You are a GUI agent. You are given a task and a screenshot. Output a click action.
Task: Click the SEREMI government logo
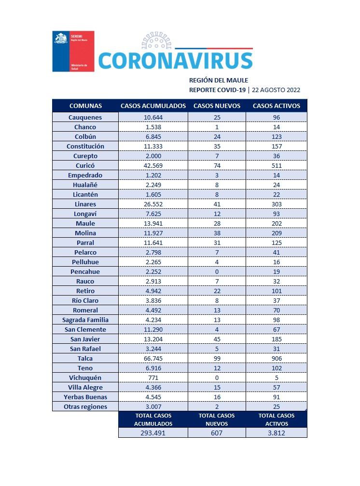(73, 51)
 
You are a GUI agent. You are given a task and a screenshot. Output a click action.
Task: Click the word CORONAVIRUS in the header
(175, 61)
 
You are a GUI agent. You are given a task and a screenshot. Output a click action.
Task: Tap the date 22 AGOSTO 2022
(276, 90)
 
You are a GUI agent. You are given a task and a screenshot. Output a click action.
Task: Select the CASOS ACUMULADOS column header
(153, 106)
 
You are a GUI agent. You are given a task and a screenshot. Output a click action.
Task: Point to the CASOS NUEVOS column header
(217, 106)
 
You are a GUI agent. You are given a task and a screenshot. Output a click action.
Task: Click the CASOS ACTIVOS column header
(277, 106)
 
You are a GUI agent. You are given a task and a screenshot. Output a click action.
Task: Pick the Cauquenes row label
(85, 118)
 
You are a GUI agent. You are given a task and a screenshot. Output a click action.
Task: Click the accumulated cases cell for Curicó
(153, 166)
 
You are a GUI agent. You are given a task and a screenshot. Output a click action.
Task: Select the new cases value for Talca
(217, 359)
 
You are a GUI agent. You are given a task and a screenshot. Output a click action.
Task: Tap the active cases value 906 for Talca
(277, 359)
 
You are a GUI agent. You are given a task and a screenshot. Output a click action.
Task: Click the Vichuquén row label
(85, 378)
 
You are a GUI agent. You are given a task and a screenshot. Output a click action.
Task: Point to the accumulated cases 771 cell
(153, 378)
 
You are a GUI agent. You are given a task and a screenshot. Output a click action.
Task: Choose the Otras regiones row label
(85, 407)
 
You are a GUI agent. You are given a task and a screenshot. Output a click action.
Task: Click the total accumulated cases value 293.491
(153, 433)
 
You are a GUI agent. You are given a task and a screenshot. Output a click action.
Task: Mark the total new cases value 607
(217, 433)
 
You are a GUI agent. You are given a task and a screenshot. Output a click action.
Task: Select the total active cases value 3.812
(277, 433)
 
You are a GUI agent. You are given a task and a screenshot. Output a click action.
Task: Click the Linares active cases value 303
(277, 204)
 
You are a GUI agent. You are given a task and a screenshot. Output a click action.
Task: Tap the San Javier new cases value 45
(217, 339)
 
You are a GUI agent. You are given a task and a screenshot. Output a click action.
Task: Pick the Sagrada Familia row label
(85, 320)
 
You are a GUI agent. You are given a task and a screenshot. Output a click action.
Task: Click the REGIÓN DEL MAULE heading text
(219, 81)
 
